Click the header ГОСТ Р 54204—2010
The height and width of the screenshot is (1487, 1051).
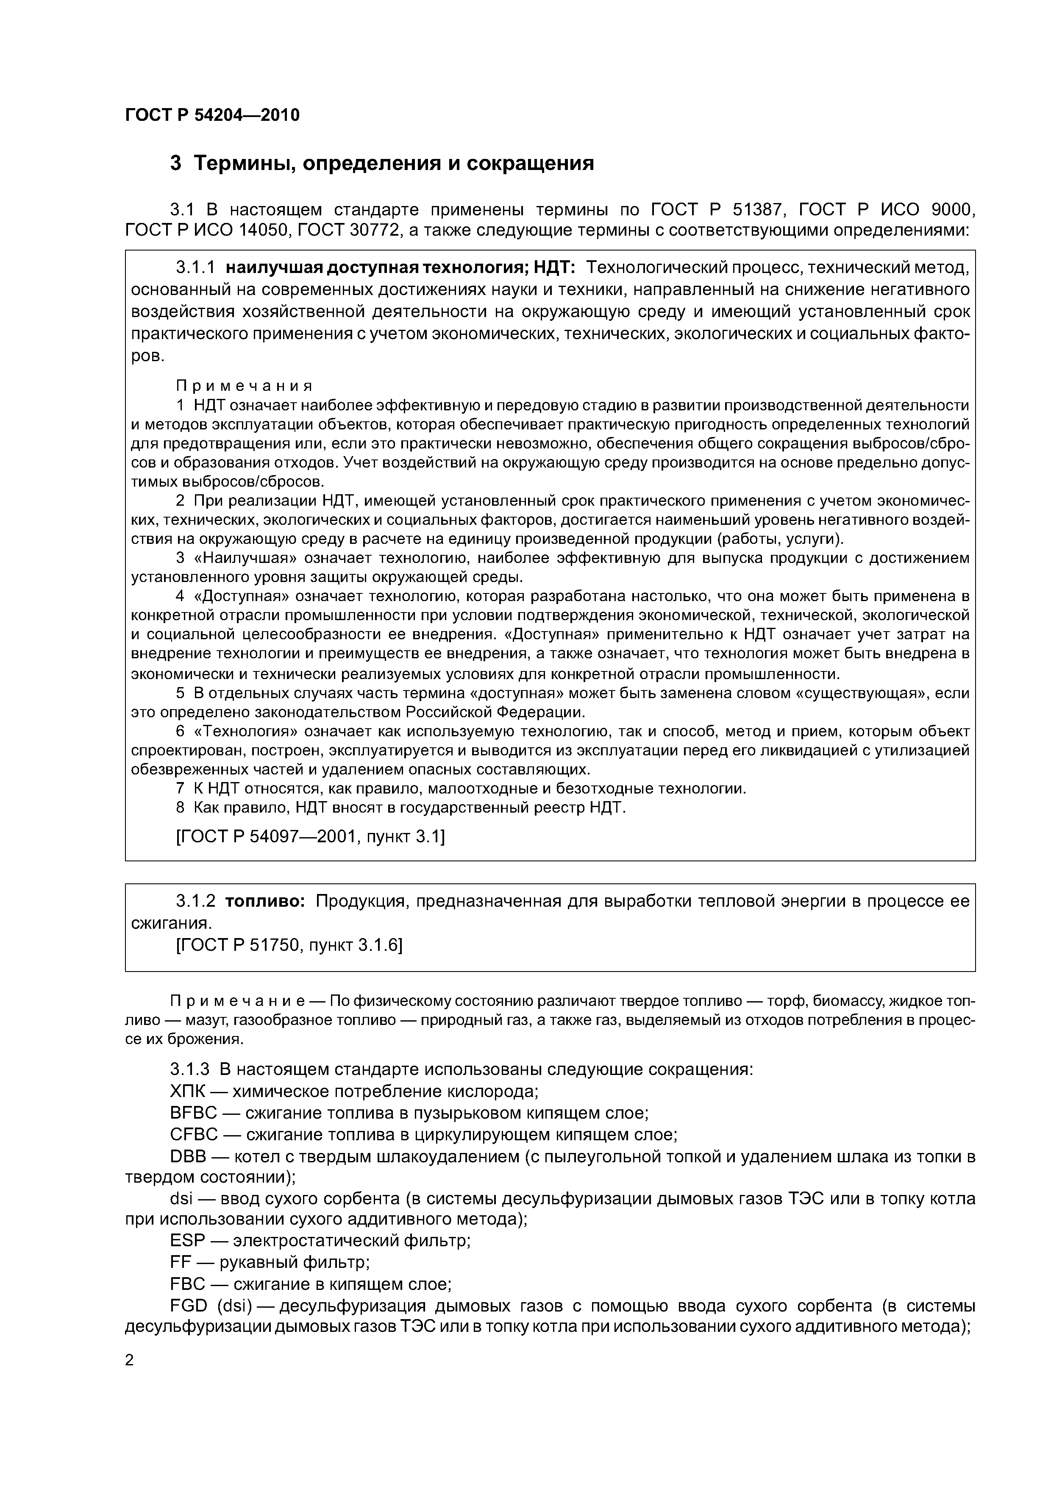coord(212,115)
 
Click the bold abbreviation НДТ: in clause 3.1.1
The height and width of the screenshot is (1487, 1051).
coord(550,267)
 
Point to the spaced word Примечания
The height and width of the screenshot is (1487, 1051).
coord(244,386)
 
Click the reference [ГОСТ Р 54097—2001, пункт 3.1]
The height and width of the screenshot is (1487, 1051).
coord(310,838)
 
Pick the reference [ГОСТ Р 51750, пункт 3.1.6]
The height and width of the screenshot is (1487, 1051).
coord(289,946)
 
